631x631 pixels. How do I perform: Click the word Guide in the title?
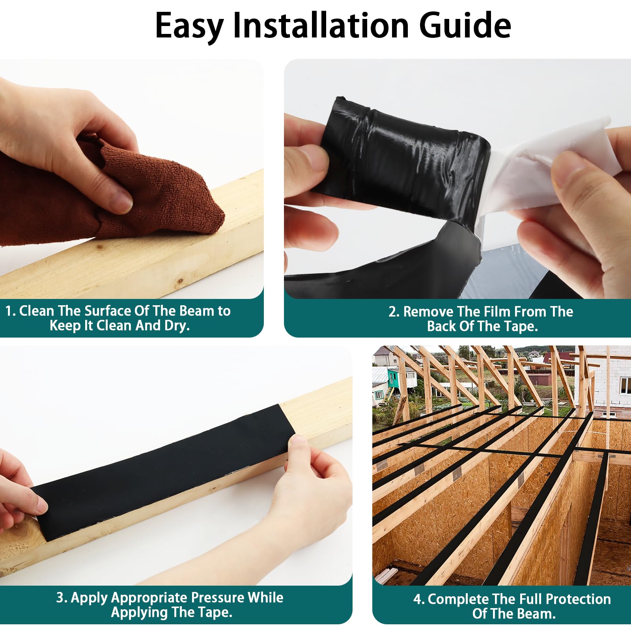(465, 25)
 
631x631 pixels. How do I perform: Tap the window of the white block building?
(625, 385)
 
